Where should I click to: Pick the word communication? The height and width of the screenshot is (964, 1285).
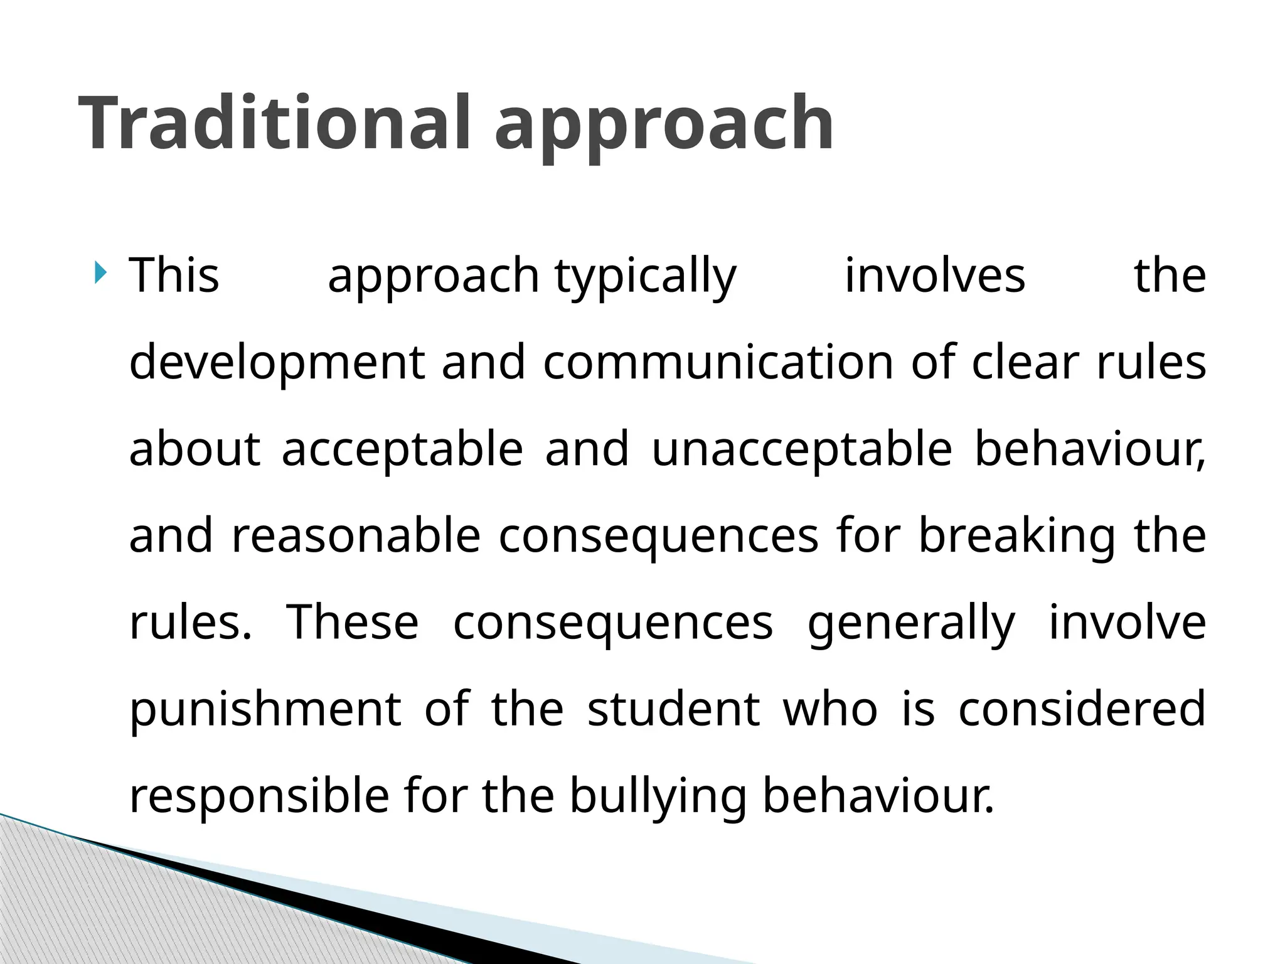point(718,363)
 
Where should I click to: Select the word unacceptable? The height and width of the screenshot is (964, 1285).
point(802,449)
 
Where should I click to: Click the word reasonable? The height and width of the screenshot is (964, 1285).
point(356,536)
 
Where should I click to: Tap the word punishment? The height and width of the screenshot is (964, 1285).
point(265,709)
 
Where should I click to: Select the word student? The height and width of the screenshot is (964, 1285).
point(673,709)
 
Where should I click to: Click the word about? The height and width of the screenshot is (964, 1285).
point(195,449)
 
